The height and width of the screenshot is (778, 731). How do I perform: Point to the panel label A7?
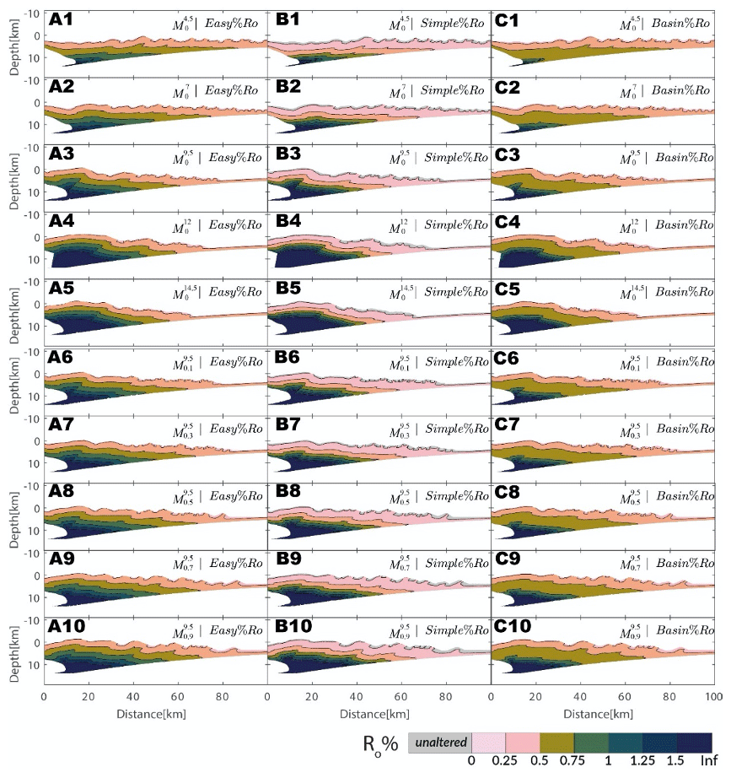[x=62, y=426]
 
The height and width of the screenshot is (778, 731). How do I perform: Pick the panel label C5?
[x=508, y=291]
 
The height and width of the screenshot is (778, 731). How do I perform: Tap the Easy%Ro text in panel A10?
[x=237, y=630]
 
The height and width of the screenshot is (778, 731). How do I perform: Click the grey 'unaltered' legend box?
[x=439, y=742]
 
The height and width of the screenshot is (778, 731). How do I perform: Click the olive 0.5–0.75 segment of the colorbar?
[x=556, y=742]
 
